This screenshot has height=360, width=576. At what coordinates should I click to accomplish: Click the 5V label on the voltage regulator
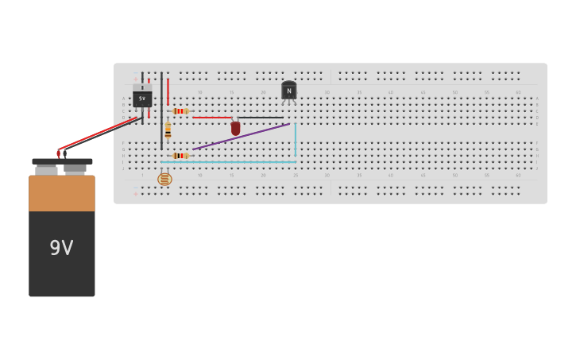pos(142,99)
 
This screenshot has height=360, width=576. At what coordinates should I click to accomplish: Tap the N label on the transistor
pos(289,91)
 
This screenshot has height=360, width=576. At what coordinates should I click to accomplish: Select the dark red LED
pos(235,127)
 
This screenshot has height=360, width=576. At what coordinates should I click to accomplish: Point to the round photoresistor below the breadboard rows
pos(164,179)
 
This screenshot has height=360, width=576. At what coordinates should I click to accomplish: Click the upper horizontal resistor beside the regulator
pos(180,111)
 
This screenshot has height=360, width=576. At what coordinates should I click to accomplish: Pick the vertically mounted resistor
pos(168,130)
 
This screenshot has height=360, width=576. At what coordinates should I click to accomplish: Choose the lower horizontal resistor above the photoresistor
pos(180,156)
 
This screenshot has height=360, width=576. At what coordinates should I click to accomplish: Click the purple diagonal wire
pos(238,137)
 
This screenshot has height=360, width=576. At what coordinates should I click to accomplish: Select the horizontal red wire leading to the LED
pos(211,118)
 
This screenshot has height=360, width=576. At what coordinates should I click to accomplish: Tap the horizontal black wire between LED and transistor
pos(262,118)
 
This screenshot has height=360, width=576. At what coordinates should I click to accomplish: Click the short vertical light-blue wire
pos(296,139)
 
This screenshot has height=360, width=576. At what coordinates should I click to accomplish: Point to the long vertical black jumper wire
pos(161,111)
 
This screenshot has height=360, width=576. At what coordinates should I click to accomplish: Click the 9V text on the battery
pos(61,248)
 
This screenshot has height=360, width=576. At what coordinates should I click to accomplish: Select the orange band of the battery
pos(62,193)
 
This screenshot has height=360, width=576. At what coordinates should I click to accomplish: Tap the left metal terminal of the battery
pos(46,169)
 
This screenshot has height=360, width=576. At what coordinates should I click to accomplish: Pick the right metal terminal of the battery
pos(75,168)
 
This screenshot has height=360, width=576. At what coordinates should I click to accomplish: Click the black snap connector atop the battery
pos(62,161)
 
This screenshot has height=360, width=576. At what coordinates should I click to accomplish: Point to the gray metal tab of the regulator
pos(142,87)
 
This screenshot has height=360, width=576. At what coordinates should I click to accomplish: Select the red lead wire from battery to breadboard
pos(99,134)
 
